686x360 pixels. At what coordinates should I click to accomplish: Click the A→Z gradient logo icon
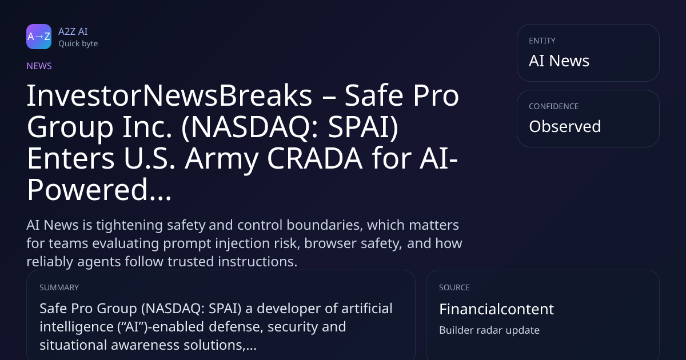pos(39,37)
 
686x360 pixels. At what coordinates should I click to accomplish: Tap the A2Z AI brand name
pos(73,31)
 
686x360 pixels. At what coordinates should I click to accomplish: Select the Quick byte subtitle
pos(78,44)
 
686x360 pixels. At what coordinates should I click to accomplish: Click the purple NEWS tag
pos(39,66)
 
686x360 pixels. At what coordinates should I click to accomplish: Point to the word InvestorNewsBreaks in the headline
pos(170,96)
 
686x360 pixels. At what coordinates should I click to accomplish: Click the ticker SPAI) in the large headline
pos(363,127)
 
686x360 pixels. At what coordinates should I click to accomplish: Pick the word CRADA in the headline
pos(315,158)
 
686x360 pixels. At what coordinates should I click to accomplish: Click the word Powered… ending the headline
pos(99,190)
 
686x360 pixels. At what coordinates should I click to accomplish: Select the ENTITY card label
pos(542,41)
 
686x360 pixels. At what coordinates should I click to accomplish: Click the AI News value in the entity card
pos(559,61)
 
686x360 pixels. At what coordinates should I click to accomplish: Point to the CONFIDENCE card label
pos(554,106)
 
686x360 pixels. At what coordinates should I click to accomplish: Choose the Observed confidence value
pos(565,126)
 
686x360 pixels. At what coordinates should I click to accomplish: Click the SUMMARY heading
pos(59,287)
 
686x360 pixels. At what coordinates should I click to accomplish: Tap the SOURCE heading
pos(454,287)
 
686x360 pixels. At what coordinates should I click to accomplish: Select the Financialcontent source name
pos(496,309)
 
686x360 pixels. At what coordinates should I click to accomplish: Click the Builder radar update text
pos(489,330)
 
